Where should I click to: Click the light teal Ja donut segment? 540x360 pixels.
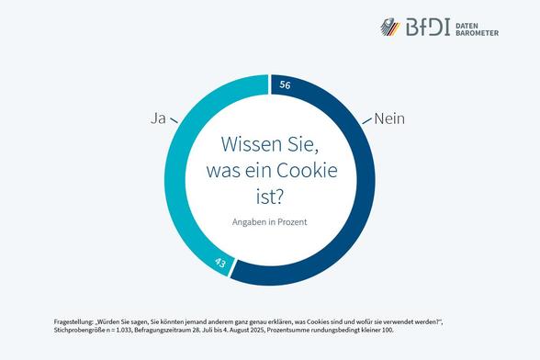pos(175,184)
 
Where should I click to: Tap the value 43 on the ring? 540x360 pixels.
pos(220,264)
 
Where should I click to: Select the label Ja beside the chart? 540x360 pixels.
pos(157,119)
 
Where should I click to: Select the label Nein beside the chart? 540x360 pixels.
pos(390,119)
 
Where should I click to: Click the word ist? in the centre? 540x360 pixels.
pos(270,195)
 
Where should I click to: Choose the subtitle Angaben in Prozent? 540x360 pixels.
pos(270,221)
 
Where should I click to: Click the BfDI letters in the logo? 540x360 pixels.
pos(431,28)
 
